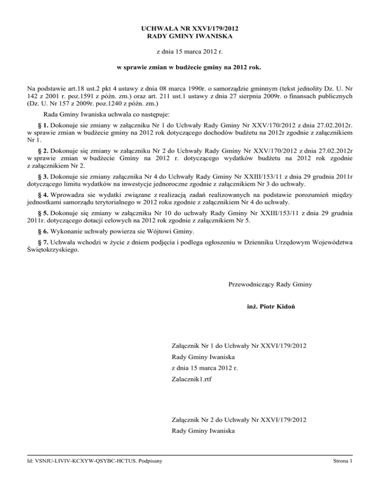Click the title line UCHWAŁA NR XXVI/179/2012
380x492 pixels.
tap(190, 29)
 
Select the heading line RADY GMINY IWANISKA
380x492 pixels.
tap(190, 37)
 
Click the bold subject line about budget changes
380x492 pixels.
tap(190, 66)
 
